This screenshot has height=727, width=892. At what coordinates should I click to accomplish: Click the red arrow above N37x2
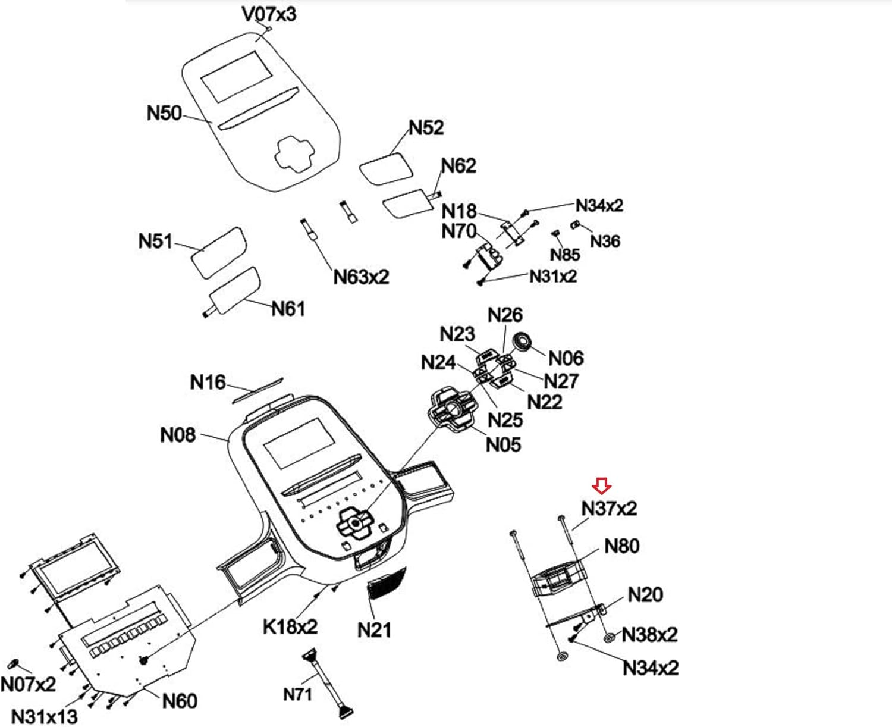(x=602, y=487)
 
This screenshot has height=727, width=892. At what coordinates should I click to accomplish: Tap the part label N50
(x=164, y=112)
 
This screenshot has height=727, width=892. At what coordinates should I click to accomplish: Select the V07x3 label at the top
(x=269, y=14)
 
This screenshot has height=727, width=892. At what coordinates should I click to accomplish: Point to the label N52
(x=426, y=127)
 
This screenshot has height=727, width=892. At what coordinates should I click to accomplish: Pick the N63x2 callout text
(x=361, y=277)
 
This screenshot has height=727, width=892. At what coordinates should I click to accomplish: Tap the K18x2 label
(x=290, y=626)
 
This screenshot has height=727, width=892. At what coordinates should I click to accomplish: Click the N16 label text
(x=208, y=382)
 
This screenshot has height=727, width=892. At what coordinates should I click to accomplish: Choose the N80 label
(x=621, y=546)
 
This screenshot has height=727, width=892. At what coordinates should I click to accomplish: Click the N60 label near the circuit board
(x=180, y=701)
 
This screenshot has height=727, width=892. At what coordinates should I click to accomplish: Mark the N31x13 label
(x=45, y=716)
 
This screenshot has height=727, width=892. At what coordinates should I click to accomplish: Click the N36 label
(x=605, y=241)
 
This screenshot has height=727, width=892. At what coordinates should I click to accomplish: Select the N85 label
(x=564, y=255)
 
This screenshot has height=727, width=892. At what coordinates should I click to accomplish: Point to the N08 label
(x=178, y=435)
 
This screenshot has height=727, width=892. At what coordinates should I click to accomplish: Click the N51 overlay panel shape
(x=218, y=252)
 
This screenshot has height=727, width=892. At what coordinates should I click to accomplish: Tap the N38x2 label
(x=649, y=634)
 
